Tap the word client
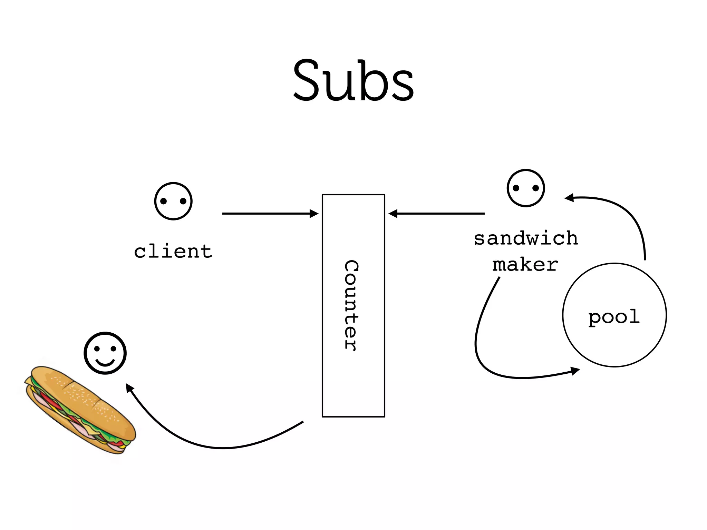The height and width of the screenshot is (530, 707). [173, 251]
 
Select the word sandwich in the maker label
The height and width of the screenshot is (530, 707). [526, 238]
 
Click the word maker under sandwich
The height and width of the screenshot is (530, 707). [525, 265]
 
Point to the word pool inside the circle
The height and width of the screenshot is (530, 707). [614, 317]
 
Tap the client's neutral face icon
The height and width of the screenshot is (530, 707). [173, 201]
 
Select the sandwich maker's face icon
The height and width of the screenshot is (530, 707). [526, 188]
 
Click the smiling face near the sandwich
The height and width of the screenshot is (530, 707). [105, 353]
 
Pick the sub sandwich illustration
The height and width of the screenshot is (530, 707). [80, 409]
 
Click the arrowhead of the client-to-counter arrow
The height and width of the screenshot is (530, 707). [314, 214]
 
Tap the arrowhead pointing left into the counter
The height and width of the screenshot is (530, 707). [393, 214]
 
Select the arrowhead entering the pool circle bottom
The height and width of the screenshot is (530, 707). [575, 371]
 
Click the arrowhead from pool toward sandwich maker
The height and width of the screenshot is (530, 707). [569, 198]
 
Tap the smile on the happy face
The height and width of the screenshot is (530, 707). [105, 363]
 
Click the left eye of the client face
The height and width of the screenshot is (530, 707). [164, 201]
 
